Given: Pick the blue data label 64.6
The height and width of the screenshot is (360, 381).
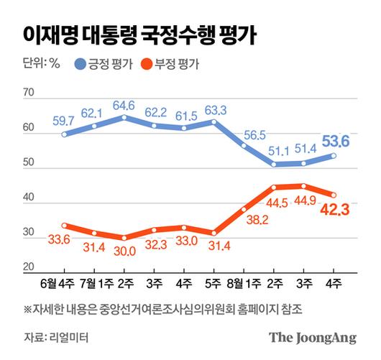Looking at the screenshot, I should click(x=125, y=104).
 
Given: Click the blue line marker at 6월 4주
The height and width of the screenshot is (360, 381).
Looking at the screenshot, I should click(x=65, y=134).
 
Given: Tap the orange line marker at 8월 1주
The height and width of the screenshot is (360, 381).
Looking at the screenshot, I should click(x=244, y=209).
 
